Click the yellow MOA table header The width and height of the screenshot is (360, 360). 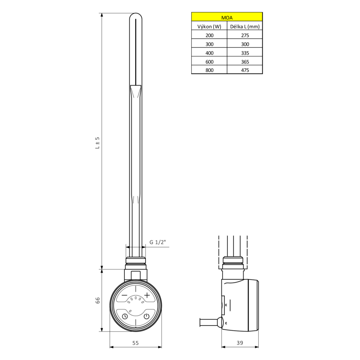[227, 17]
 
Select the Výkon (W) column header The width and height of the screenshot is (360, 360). [209, 26]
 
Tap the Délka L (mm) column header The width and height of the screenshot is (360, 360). [245, 26]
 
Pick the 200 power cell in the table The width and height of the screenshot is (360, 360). [209, 35]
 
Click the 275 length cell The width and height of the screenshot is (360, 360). [245, 35]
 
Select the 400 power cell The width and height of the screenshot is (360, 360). [209, 53]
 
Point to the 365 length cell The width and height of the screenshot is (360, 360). [245, 62]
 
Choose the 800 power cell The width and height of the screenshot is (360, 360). [209, 70]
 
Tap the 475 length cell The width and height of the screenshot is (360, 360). [245, 70]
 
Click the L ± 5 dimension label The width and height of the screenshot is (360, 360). [98, 143]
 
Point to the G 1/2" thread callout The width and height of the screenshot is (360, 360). [157, 242]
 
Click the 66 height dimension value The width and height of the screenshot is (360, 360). [98, 300]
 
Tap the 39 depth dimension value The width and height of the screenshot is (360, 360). [240, 342]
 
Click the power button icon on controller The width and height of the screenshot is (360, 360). [147, 316]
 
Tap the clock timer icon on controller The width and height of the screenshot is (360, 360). [125, 316]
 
